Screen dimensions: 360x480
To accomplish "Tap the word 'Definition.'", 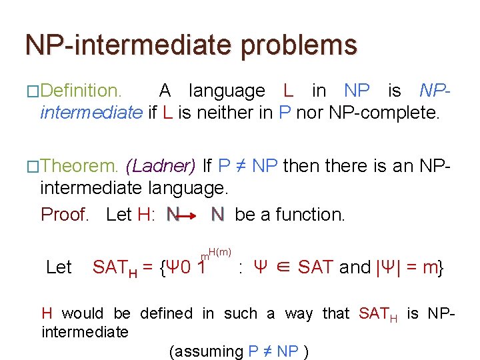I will [x=81, y=91].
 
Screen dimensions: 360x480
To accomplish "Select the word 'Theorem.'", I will [x=79, y=165].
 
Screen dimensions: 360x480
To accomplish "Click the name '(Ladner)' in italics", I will [x=161, y=165].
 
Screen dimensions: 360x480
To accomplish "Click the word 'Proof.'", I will [x=65, y=215].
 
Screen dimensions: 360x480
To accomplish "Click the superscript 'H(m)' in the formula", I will [x=219, y=250].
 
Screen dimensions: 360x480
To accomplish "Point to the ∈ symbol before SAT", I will [x=283, y=267].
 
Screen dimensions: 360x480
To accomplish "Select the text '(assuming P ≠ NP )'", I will [x=239, y=351].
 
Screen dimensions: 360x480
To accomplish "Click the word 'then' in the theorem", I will [x=299, y=165].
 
